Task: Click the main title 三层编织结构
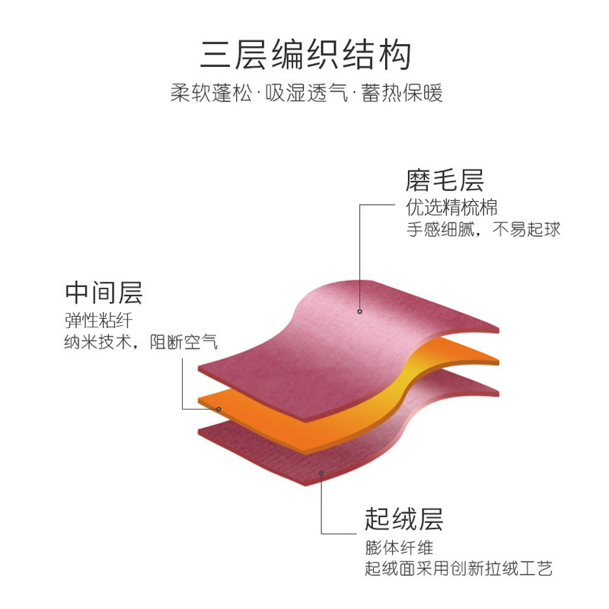[305, 56]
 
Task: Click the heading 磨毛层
[445, 180]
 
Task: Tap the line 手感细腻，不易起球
[483, 229]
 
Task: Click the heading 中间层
[104, 292]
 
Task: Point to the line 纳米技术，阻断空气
[141, 343]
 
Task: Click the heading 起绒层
[403, 519]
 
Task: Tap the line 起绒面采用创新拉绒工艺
[458, 569]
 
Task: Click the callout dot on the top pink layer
[359, 311]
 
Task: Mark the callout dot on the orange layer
[219, 409]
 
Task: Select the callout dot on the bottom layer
[321, 473]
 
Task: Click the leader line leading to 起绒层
[322, 510]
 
